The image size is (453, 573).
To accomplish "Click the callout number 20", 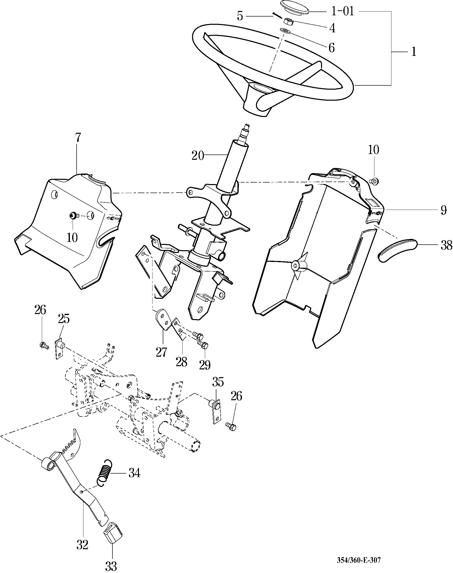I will click(x=198, y=156).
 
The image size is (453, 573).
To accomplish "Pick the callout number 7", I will click(x=78, y=138).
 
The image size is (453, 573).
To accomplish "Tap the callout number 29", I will click(x=205, y=365).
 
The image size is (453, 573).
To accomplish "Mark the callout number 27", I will click(x=161, y=352).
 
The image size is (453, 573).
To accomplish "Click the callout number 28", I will click(x=181, y=362).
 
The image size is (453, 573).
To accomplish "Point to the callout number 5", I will click(x=240, y=16).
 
